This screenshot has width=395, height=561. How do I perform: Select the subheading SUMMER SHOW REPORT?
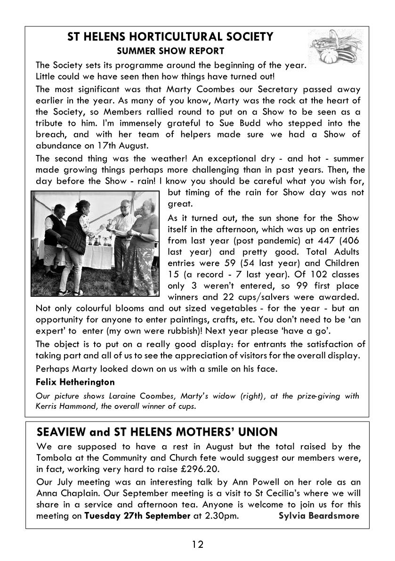tap(170, 51)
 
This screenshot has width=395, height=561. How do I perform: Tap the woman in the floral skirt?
tap(143, 240)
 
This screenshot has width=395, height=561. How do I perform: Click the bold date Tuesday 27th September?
tap(137, 515)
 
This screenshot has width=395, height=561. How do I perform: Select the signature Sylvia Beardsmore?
tap(319, 515)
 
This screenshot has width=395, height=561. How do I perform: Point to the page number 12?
tap(197, 545)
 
